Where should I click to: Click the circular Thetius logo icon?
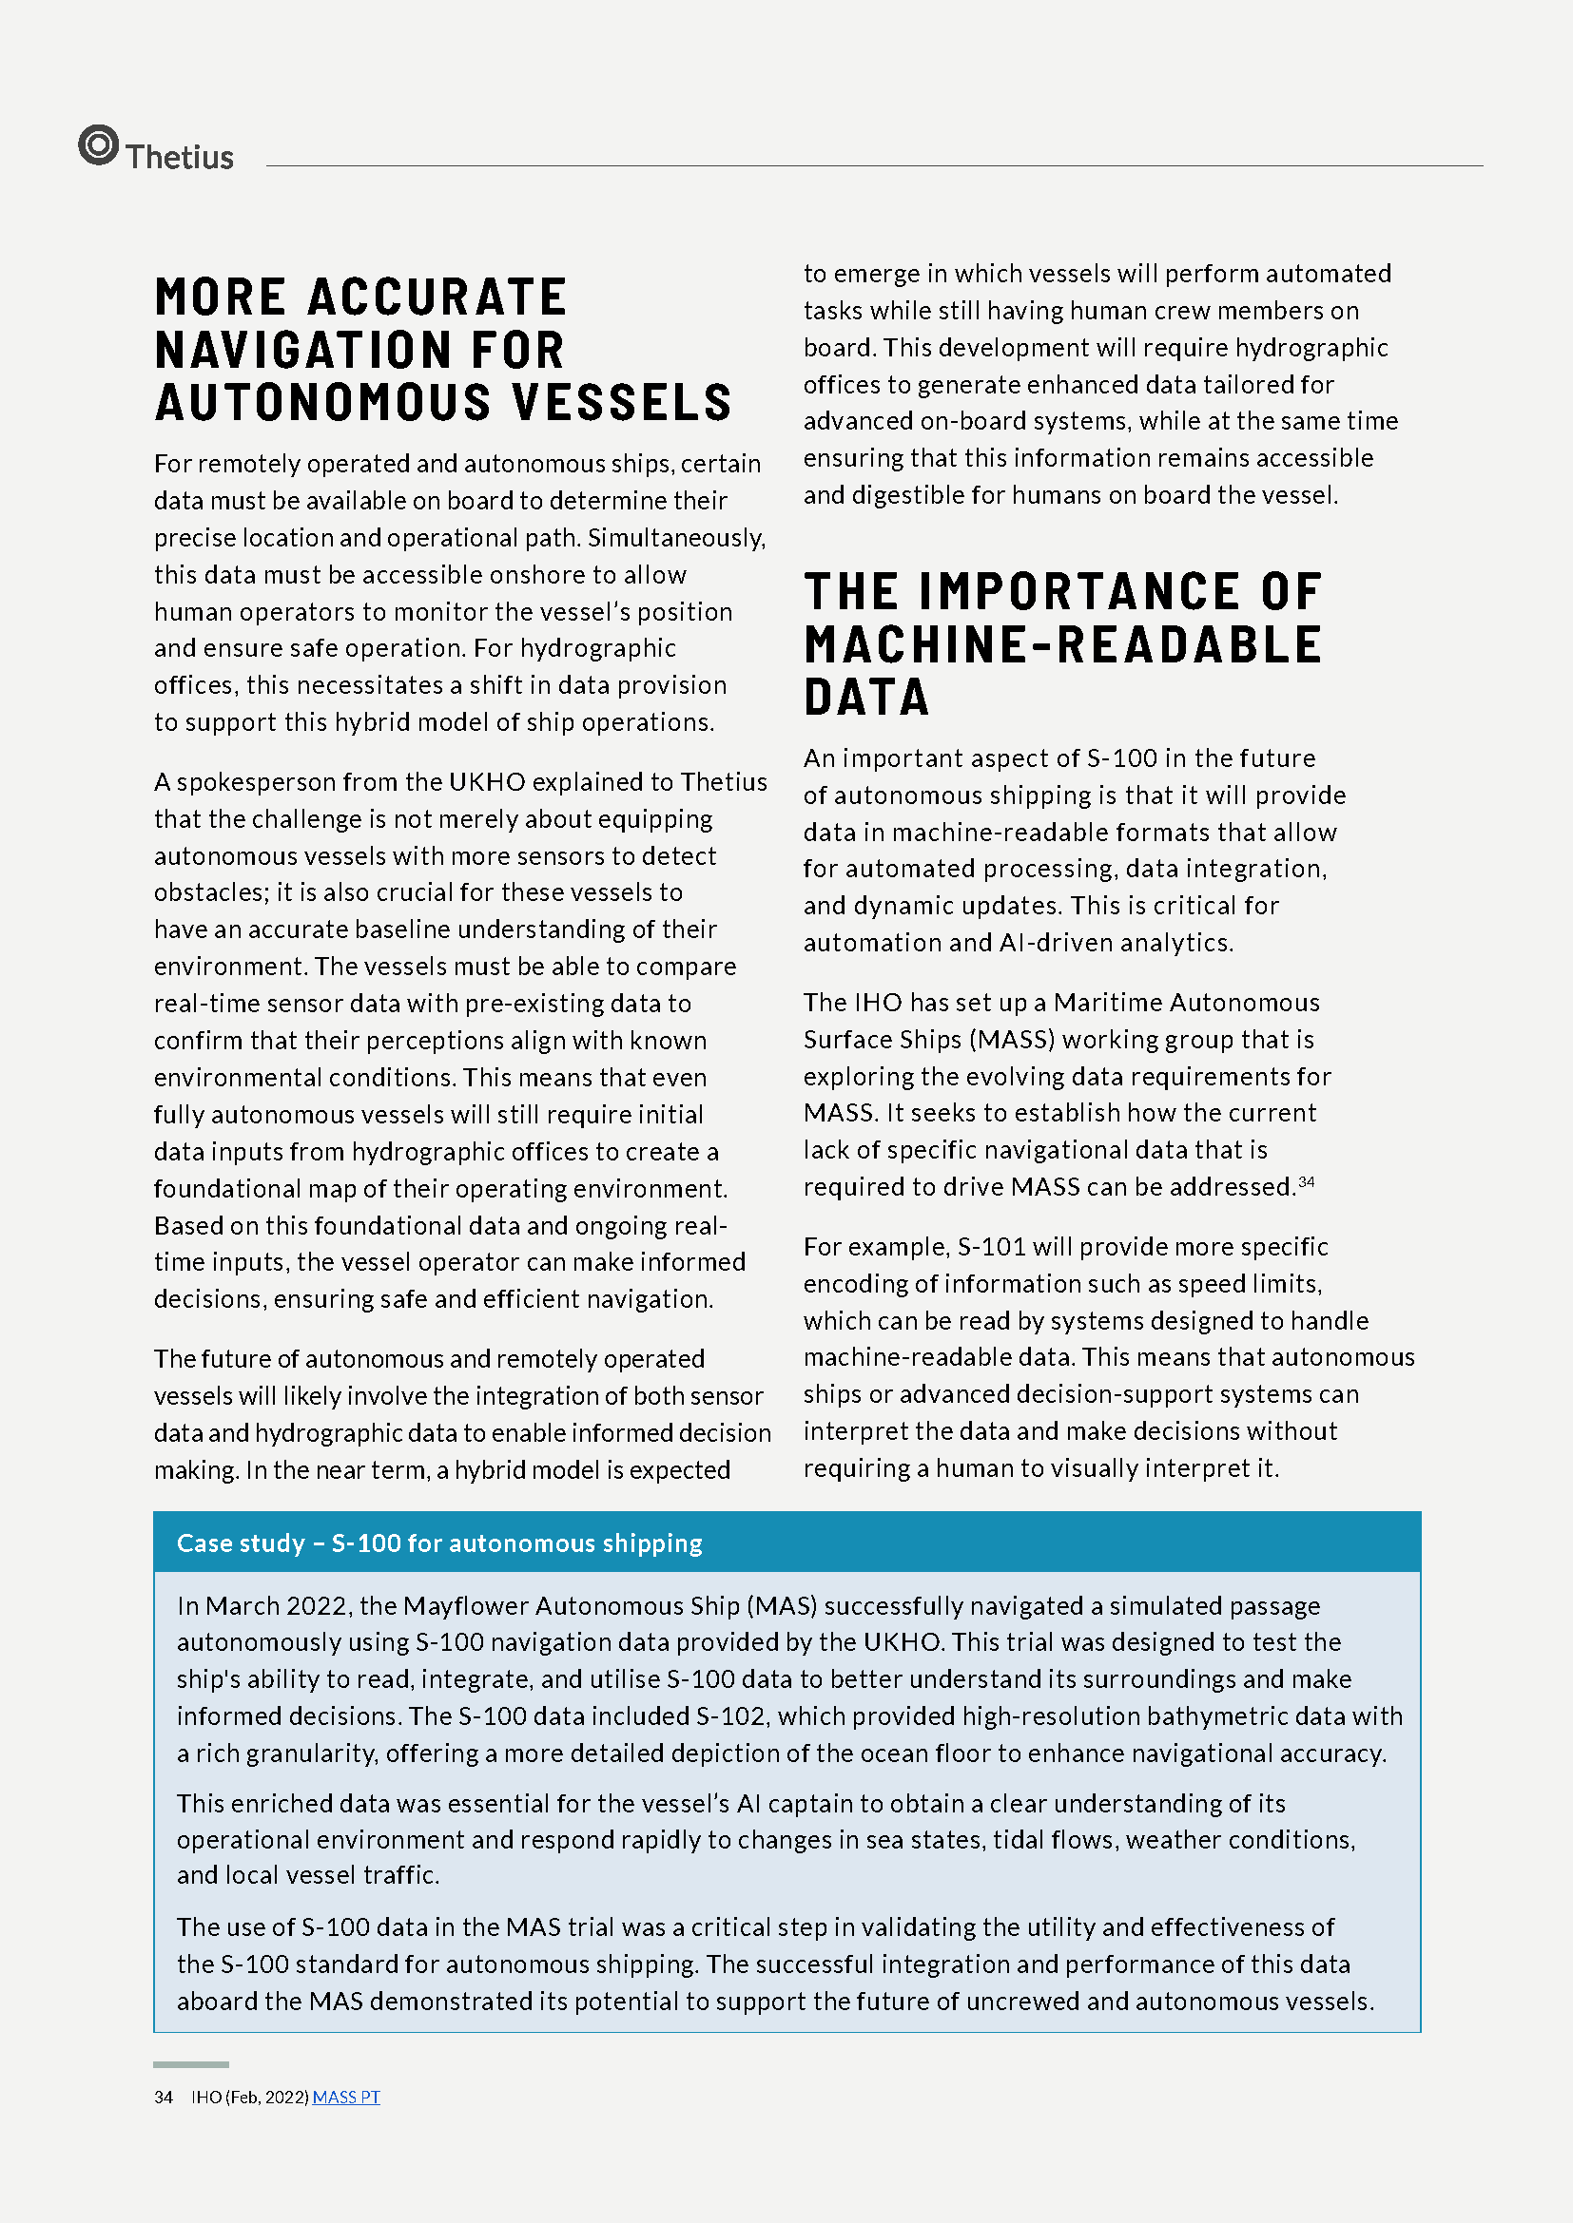tap(98, 145)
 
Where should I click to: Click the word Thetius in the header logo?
tap(180, 157)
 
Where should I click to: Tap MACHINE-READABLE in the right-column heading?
tap(1062, 644)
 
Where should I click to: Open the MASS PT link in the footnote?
tap(346, 2097)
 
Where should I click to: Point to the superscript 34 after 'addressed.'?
tap(1306, 1180)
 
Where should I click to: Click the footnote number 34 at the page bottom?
tap(163, 2097)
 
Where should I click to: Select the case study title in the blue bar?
tap(438, 1543)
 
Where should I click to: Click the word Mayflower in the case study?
tap(465, 1605)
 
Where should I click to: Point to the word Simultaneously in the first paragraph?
tap(677, 537)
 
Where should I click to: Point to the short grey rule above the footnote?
tap(191, 2064)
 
